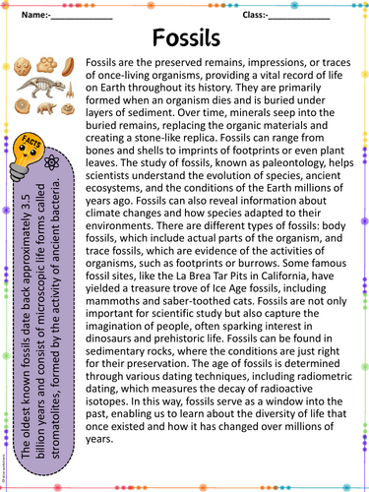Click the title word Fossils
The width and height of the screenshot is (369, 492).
pos(185,38)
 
